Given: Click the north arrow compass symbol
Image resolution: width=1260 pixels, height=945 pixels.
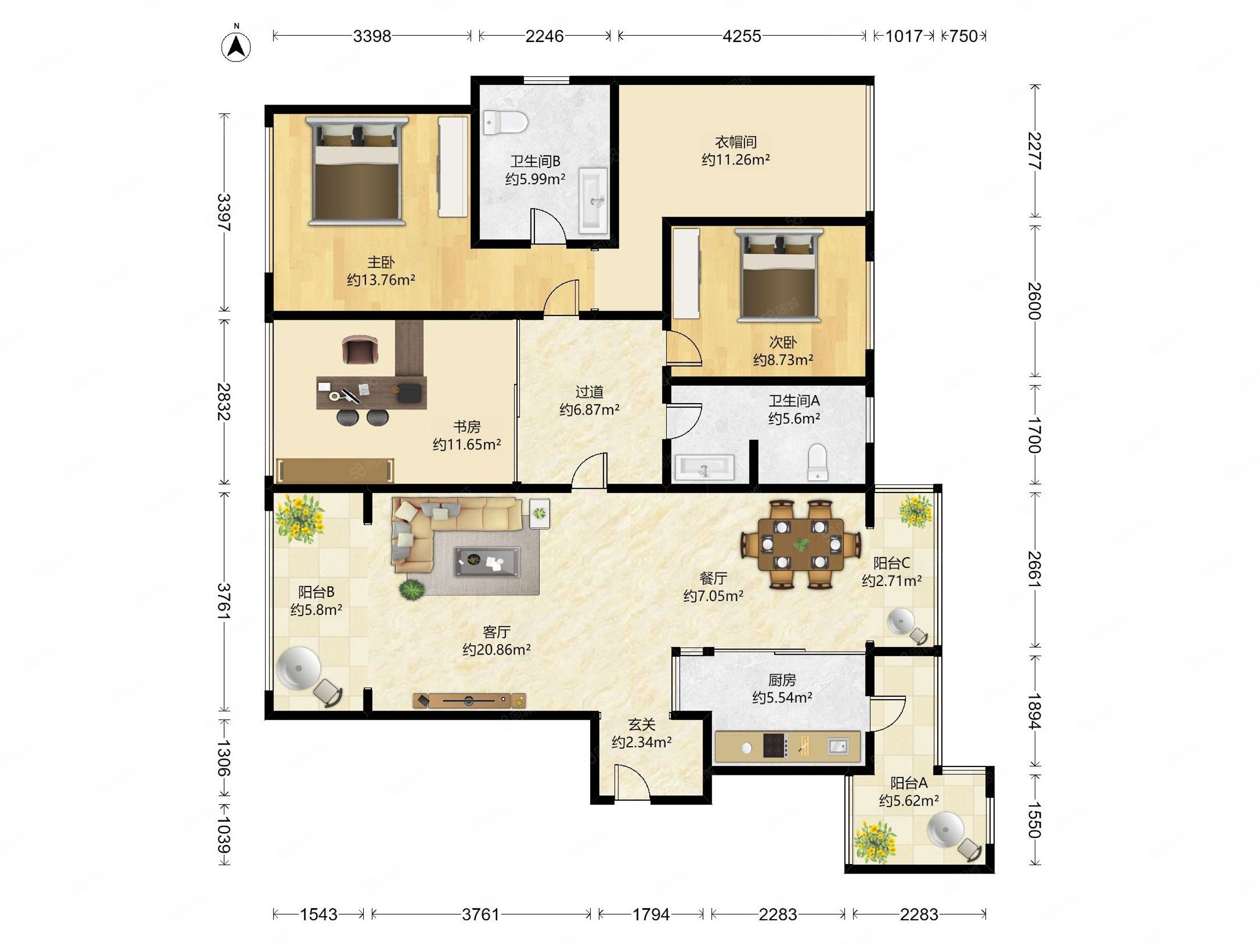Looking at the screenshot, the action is (x=236, y=46).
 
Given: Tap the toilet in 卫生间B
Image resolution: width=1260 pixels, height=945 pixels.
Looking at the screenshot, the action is (x=506, y=122).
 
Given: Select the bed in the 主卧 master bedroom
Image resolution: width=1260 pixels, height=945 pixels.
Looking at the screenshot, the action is (x=356, y=171).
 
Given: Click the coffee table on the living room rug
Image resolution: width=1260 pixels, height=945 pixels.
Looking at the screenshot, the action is (x=487, y=562).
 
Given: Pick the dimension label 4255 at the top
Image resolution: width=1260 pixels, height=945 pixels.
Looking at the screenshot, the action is (x=742, y=36).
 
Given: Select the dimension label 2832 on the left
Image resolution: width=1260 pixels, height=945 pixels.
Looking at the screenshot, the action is (x=224, y=402).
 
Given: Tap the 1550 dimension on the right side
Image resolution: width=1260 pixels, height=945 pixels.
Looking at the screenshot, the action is (x=1034, y=820).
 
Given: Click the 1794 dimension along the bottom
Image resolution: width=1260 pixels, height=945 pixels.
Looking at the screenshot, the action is (x=651, y=914).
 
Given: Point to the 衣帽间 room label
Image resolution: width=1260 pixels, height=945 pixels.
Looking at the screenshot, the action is (x=736, y=142).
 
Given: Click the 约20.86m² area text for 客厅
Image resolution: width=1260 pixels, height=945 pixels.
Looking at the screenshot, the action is (x=497, y=649).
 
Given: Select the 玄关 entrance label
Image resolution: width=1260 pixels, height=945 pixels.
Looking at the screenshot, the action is (x=642, y=724).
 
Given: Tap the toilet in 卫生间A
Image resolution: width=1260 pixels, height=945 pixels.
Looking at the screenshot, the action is (x=817, y=461).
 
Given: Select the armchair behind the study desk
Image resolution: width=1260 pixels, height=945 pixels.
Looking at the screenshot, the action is (x=360, y=349).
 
